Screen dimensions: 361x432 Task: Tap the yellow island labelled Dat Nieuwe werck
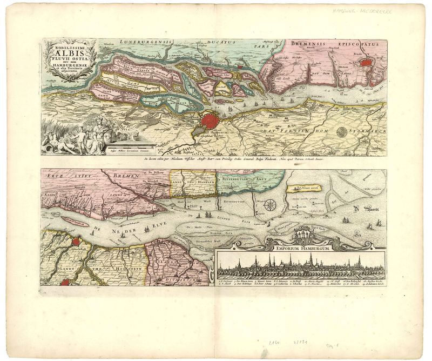point(304,189)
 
